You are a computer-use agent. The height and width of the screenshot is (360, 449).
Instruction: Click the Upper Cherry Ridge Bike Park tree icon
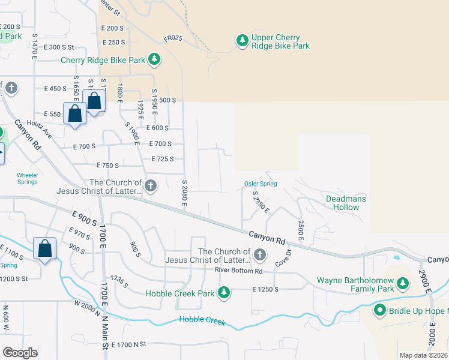242,40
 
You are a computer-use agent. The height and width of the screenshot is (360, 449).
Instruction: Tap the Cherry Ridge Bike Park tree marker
155,59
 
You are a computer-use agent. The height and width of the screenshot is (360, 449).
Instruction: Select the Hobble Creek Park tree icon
224,292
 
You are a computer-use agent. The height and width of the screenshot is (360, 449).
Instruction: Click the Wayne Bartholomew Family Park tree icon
403,283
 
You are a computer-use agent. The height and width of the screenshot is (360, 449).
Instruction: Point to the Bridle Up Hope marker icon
379,310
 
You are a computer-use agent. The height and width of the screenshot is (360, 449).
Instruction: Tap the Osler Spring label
261,184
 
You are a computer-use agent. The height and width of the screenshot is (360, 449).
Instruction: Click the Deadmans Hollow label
346,203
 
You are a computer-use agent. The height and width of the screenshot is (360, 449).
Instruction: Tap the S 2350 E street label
261,203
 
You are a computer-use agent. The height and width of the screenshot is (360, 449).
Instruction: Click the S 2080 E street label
185,193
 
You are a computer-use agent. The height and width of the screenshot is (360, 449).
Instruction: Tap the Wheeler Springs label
27,179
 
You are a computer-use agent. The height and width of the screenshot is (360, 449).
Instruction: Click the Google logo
20,353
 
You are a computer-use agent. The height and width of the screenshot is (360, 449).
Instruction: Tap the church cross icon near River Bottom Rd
259,255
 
